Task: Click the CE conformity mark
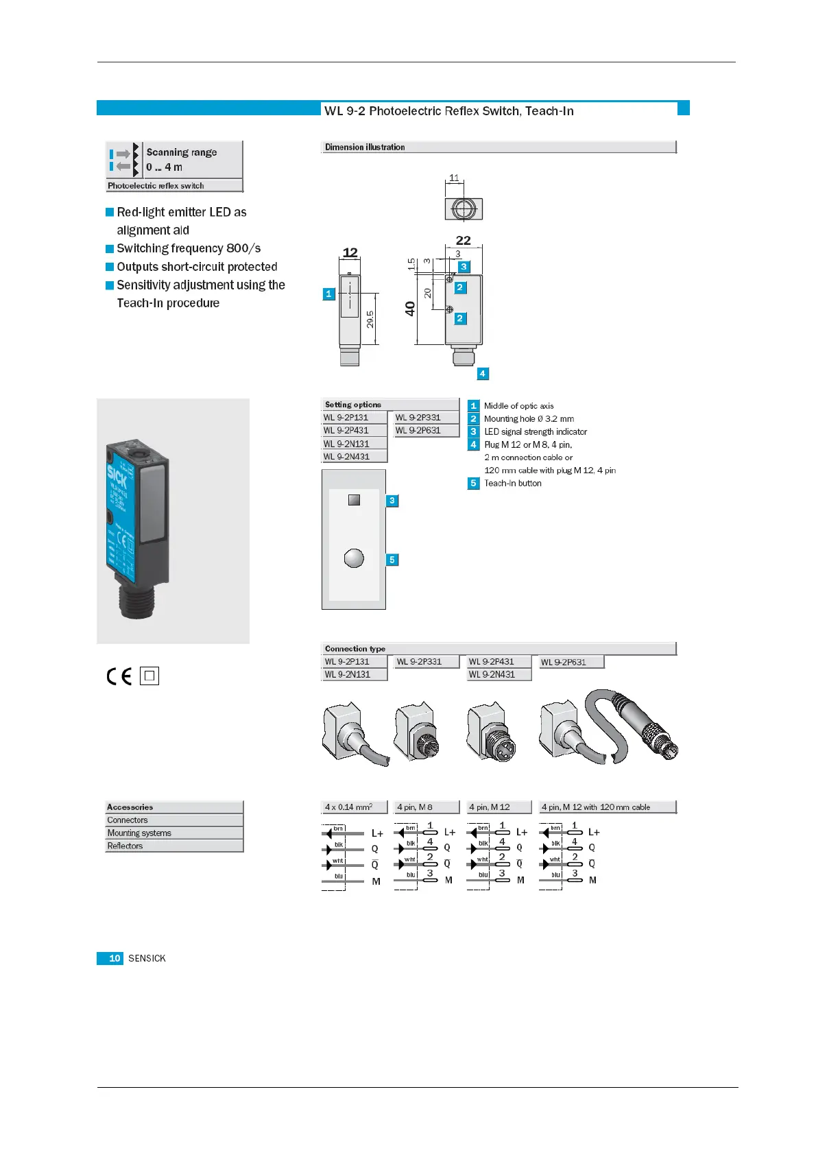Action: click(119, 676)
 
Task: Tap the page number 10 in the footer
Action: click(114, 958)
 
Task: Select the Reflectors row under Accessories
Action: click(125, 846)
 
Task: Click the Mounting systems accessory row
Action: click(139, 833)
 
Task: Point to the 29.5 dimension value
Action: click(370, 320)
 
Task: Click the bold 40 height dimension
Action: click(410, 309)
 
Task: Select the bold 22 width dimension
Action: click(464, 240)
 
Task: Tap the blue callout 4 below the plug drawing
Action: click(483, 374)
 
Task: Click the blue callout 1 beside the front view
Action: click(328, 294)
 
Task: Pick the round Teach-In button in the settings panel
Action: click(354, 558)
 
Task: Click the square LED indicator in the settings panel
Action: click(354, 500)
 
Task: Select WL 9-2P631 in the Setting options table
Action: click(418, 430)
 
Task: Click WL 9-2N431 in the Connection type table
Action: click(492, 674)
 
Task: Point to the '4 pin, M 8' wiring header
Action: click(415, 807)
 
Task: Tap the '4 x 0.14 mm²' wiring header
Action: click(348, 807)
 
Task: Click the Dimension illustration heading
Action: click(365, 147)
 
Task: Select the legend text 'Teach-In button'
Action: click(513, 483)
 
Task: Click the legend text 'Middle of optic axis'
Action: click(518, 405)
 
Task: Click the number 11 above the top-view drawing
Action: click(454, 178)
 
